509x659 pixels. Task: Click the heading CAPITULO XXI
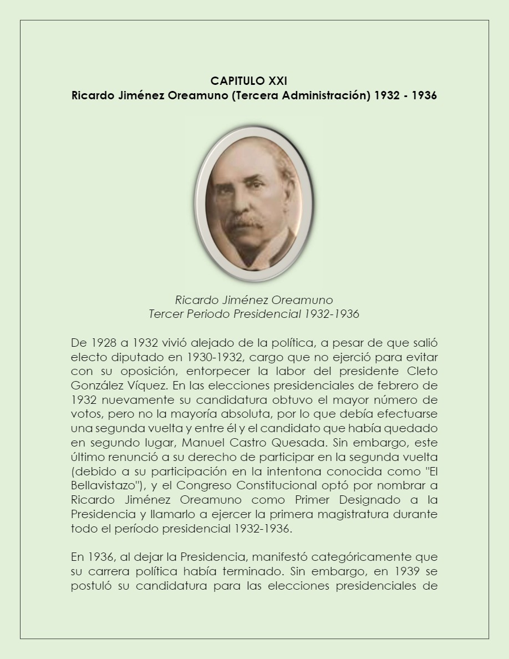click(248, 82)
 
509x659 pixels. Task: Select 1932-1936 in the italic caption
click(332, 315)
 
